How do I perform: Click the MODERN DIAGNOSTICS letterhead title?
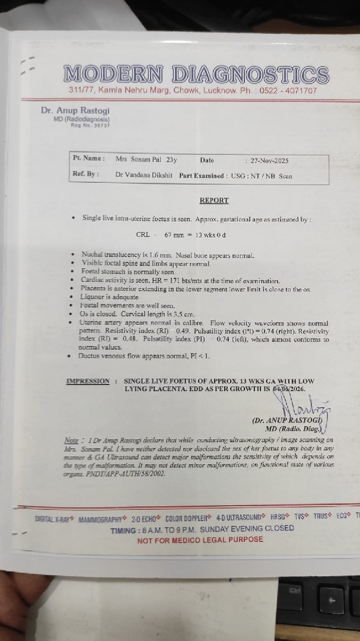[x=196, y=75]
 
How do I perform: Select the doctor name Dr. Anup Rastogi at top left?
[x=75, y=110]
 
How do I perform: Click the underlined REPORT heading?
[x=214, y=201]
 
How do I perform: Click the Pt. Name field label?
[x=88, y=159]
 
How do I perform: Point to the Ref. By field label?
[x=85, y=175]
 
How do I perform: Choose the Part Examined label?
[x=202, y=176]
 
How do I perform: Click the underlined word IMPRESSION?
[x=88, y=381]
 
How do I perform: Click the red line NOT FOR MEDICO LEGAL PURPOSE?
[x=200, y=540]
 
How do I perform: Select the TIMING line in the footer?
[x=202, y=528]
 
